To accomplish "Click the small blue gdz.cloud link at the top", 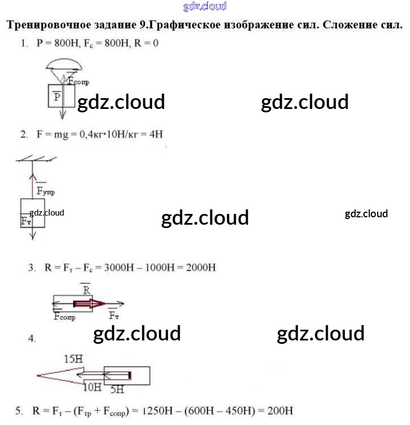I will pyautogui.click(x=205, y=7).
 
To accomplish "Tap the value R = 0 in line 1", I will pyautogui.click(x=145, y=44).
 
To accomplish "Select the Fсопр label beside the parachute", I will pyautogui.click(x=79, y=82).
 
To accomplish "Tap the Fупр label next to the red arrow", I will pyautogui.click(x=45, y=192).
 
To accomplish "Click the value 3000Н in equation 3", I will pyautogui.click(x=117, y=267).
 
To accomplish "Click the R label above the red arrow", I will pyautogui.click(x=86, y=289).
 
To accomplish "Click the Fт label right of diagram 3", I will pyautogui.click(x=113, y=315).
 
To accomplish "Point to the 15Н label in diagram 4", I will pyautogui.click(x=74, y=359).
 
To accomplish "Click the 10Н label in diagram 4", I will pyautogui.click(x=92, y=388).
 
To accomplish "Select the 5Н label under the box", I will pyautogui.click(x=117, y=390).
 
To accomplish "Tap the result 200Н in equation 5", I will pyautogui.click(x=280, y=410).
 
